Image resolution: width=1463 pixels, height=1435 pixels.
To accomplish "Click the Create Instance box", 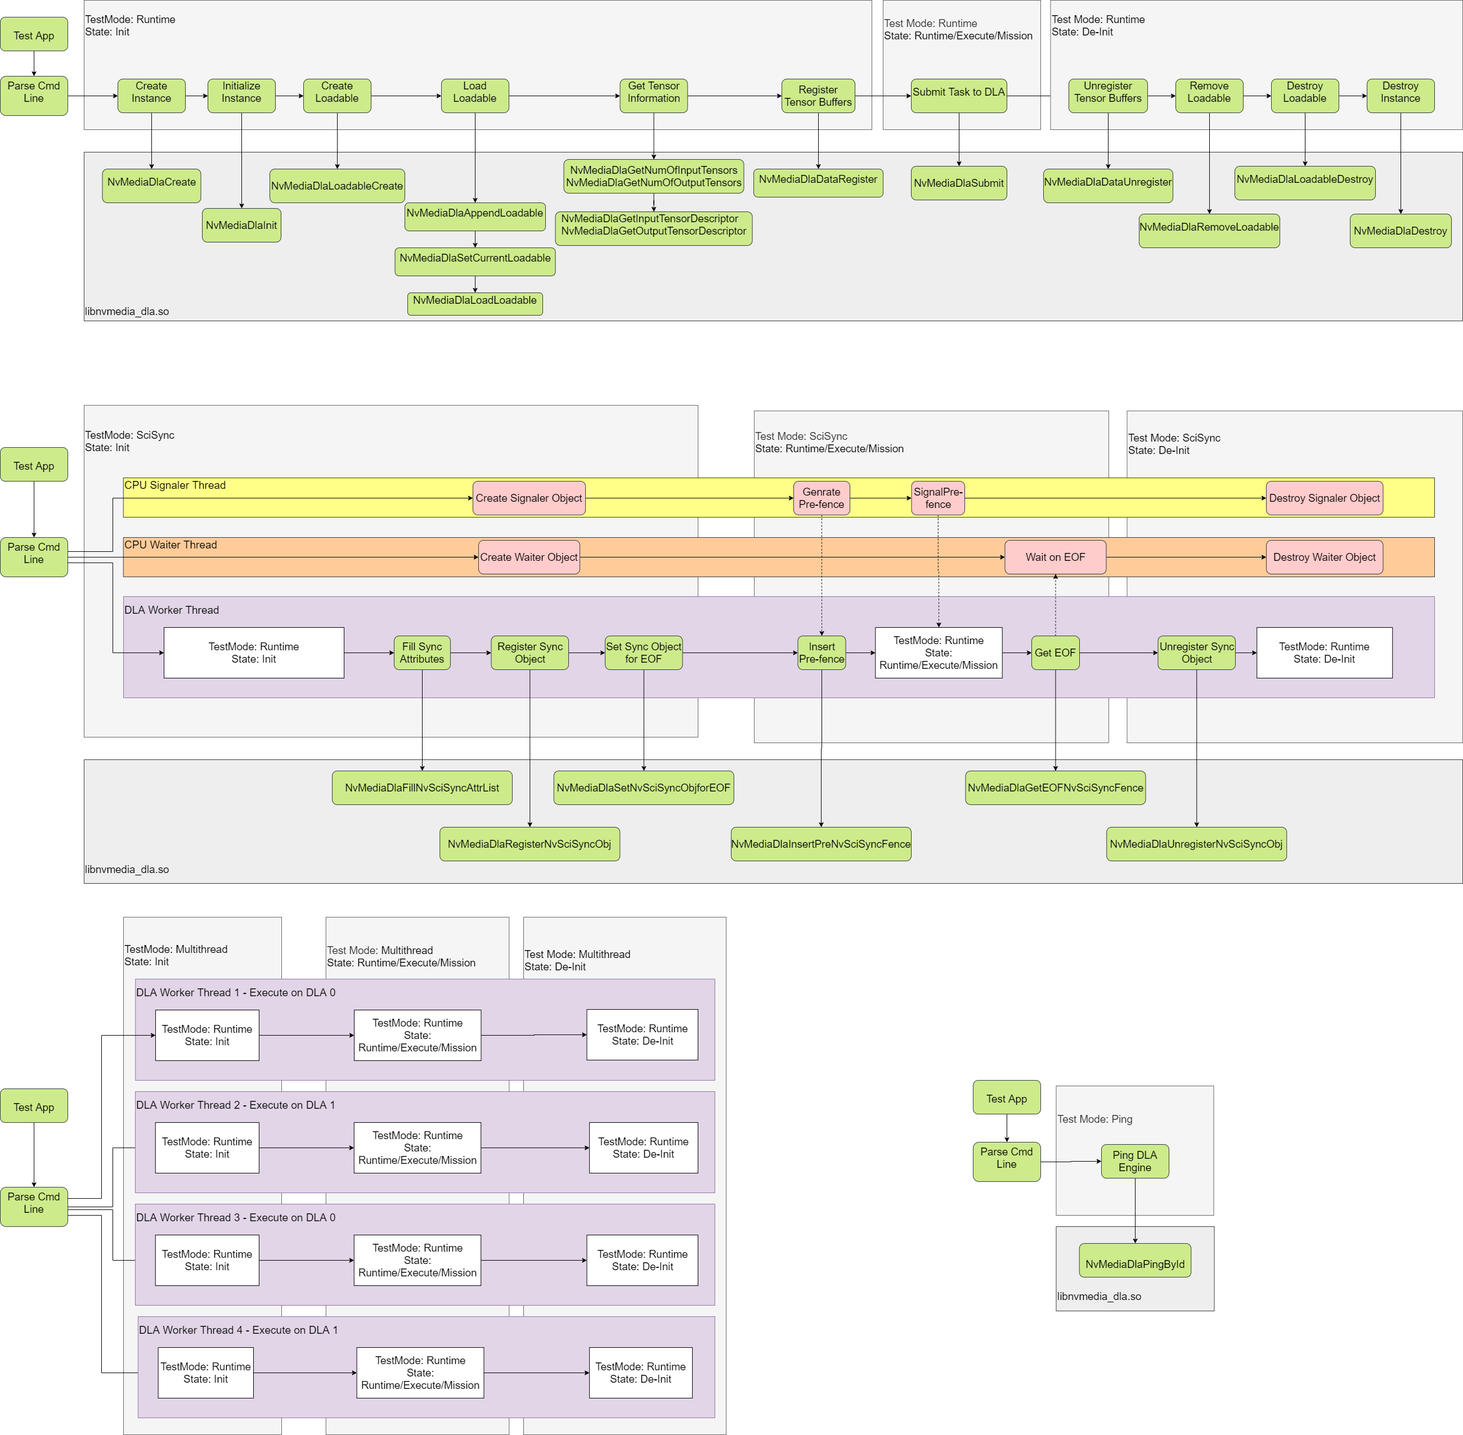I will point(151,96).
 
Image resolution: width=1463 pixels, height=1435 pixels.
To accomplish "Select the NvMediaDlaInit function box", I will point(241,226).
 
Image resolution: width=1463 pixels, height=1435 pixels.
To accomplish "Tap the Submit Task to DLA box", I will point(958,96).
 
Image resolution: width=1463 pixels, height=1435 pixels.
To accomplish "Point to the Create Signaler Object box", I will point(528,498).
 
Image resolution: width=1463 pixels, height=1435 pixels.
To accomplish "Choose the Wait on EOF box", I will point(1054,557).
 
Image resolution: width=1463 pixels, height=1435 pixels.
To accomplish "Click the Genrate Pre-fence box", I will point(821,498).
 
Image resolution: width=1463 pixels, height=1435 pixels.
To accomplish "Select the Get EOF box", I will point(1054,653).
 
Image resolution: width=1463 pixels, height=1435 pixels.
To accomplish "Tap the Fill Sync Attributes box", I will point(421,653).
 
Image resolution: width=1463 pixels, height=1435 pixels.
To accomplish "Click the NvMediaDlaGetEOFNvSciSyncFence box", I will point(1054,788).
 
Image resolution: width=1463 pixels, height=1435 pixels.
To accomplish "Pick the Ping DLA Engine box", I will point(1134,1162).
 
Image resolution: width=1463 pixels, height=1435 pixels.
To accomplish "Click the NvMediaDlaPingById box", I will point(1134,1264).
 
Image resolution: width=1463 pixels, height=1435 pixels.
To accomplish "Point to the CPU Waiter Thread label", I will point(170,545).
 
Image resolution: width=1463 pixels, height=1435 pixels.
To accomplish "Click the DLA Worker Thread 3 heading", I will point(235,1218).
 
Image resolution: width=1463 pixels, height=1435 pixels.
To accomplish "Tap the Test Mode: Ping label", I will point(1094,1119).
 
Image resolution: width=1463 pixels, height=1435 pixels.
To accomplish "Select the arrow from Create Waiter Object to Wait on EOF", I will point(791,557).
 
